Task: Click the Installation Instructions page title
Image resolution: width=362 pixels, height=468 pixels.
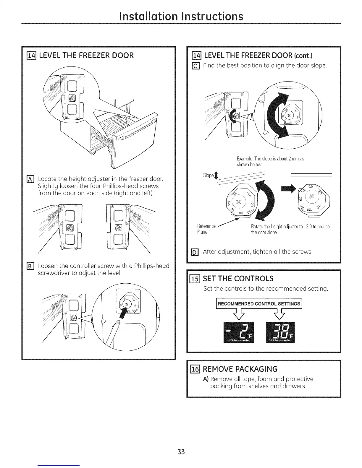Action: click(x=181, y=16)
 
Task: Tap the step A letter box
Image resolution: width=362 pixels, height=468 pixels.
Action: click(x=30, y=179)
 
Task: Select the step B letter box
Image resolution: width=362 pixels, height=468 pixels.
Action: click(x=30, y=266)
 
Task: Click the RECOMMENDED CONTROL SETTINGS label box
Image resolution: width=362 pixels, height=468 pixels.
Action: click(x=259, y=304)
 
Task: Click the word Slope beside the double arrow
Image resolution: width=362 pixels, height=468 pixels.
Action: click(x=208, y=175)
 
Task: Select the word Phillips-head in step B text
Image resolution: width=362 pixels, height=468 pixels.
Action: click(x=152, y=266)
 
